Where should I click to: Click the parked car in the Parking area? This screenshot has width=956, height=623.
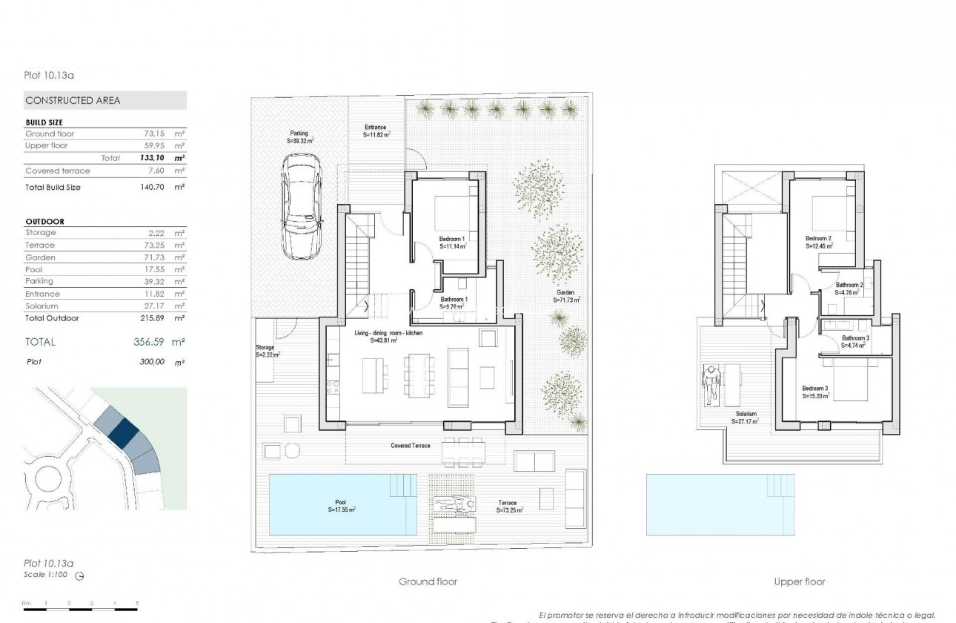click(x=301, y=208)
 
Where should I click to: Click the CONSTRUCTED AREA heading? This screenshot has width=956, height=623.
click(x=73, y=100)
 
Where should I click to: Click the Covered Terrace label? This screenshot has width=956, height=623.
click(x=411, y=446)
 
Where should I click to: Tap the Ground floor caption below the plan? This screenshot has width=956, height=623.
click(x=428, y=581)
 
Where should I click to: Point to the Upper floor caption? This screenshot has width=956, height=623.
click(x=800, y=581)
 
